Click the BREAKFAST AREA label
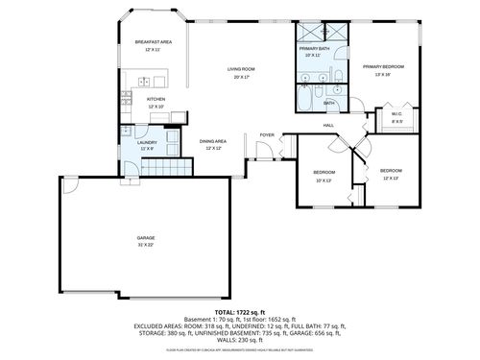(x=154, y=42)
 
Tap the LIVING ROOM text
(x=240, y=69)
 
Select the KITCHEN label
(x=156, y=99)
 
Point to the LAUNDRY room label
(x=147, y=142)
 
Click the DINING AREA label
(x=213, y=142)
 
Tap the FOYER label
(x=266, y=135)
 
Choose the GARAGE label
(x=146, y=237)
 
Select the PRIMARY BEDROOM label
(x=383, y=66)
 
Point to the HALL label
(x=328, y=126)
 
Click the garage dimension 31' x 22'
(x=146, y=245)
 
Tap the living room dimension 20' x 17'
(x=240, y=77)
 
